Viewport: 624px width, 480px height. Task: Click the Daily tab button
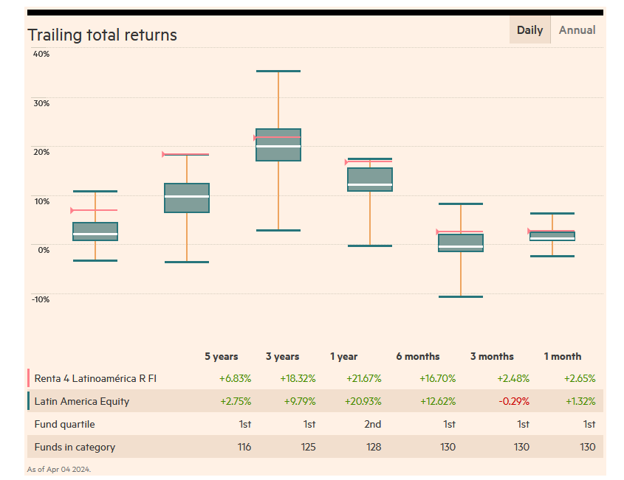point(529,30)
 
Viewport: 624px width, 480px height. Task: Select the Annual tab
point(577,30)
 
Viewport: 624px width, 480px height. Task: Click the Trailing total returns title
point(102,35)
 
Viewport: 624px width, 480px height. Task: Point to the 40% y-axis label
point(41,54)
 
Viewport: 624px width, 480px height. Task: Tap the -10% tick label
point(41,299)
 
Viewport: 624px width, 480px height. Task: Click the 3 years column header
point(282,356)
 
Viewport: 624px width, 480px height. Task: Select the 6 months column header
point(417,356)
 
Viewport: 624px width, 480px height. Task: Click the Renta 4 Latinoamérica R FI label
point(95,378)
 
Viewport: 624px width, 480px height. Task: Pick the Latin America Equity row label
point(82,401)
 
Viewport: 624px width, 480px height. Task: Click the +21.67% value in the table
point(363,378)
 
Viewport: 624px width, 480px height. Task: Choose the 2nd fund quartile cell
point(372,424)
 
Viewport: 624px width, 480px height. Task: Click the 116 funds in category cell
point(244,447)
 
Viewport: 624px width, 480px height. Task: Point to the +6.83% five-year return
point(235,378)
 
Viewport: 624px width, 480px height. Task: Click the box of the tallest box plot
point(278,145)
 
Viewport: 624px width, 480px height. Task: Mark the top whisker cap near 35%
point(278,71)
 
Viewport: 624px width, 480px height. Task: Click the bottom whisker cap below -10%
point(461,296)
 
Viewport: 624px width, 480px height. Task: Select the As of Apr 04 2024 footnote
point(59,469)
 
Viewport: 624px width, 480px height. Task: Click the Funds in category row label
point(75,447)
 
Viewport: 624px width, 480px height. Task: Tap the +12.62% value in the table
point(439,401)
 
